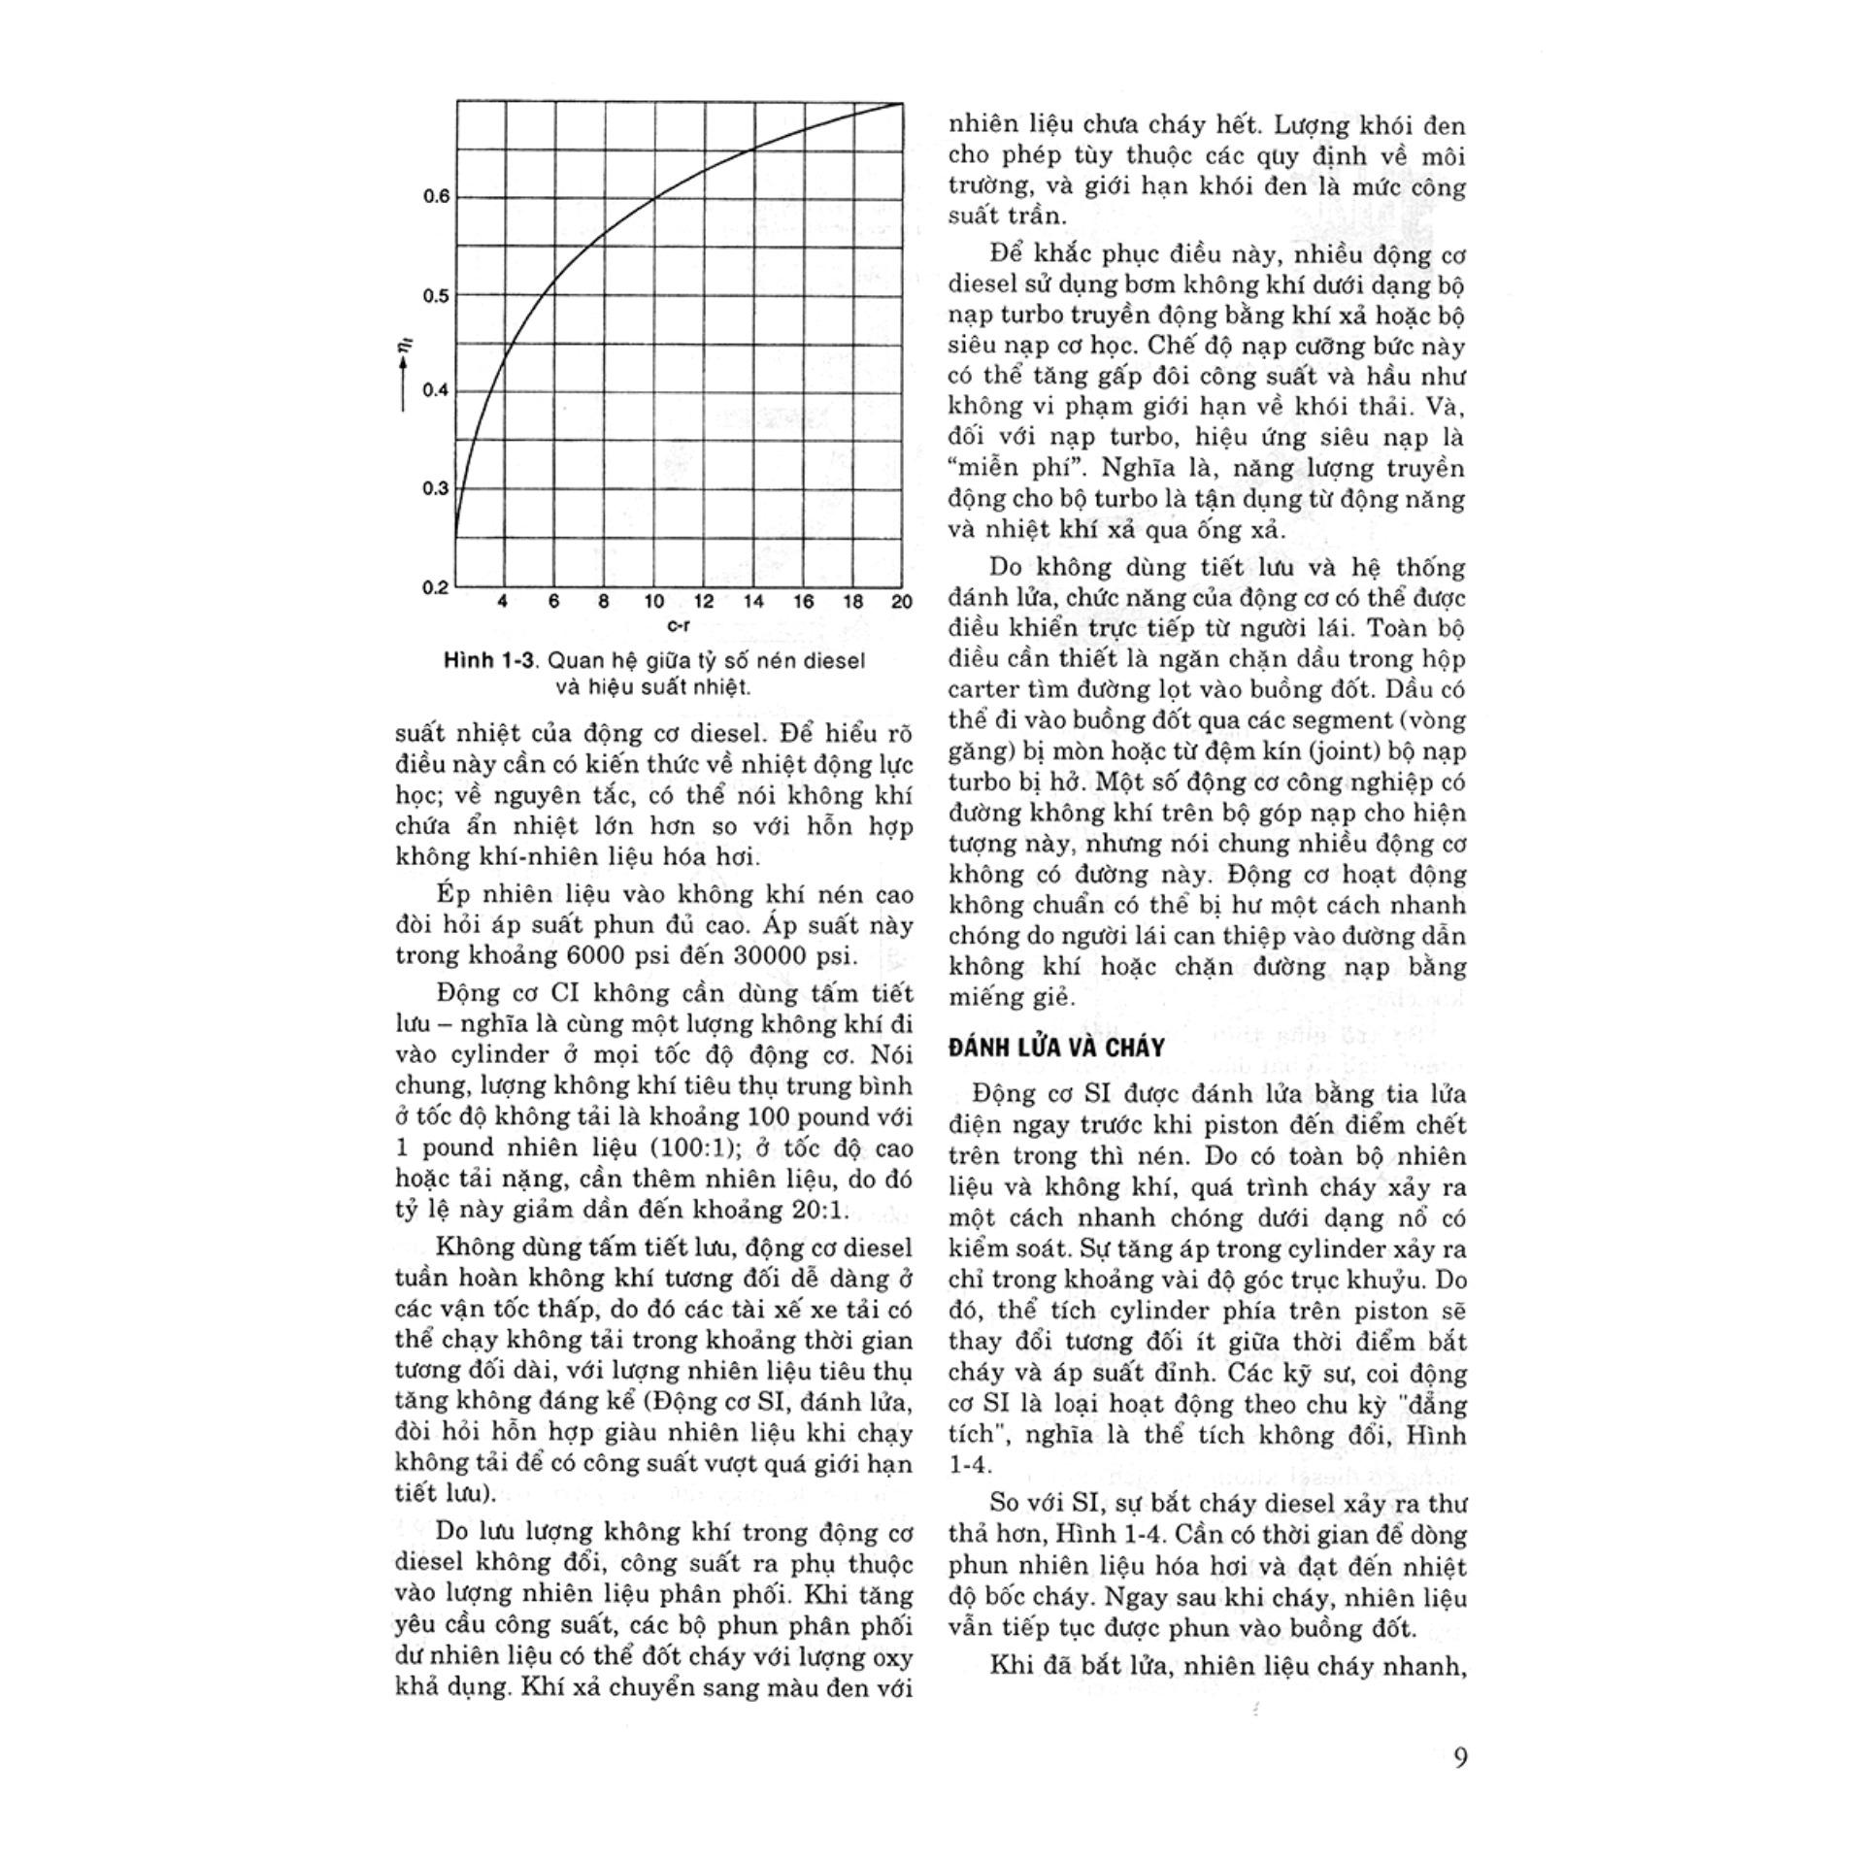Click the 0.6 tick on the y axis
pyautogui.click(x=436, y=196)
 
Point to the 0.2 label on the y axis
pyautogui.click(x=436, y=586)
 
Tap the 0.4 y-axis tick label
pyautogui.click(x=436, y=390)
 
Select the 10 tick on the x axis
pyautogui.click(x=653, y=602)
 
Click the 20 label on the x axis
pyautogui.click(x=901, y=602)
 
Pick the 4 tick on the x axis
pyautogui.click(x=502, y=602)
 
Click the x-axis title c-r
pyautogui.click(x=678, y=626)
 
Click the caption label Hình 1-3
pyautogui.click(x=489, y=661)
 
